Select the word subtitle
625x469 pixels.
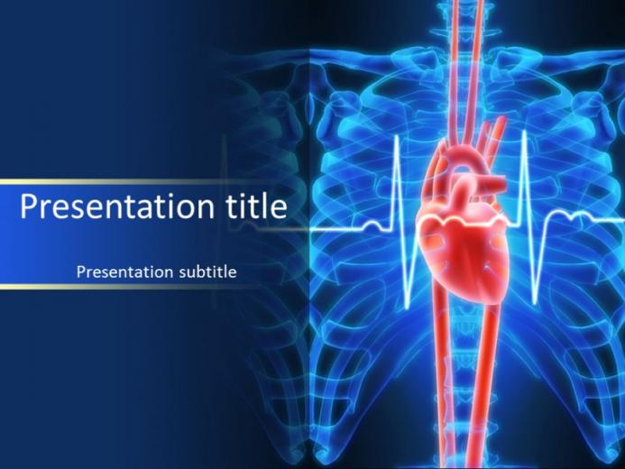click(207, 271)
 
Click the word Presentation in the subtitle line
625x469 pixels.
click(124, 271)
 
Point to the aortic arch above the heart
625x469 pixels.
click(466, 158)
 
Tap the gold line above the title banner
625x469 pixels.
click(132, 181)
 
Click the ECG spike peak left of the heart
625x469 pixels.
click(398, 137)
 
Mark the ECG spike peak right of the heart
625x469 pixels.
click(525, 133)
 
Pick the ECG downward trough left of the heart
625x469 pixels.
click(408, 307)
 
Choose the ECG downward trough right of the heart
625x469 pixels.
click(536, 305)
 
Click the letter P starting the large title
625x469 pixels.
click(28, 206)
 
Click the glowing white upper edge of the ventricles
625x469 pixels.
click(463, 218)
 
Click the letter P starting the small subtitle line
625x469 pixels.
click(81, 271)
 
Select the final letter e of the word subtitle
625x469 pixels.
click(233, 273)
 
